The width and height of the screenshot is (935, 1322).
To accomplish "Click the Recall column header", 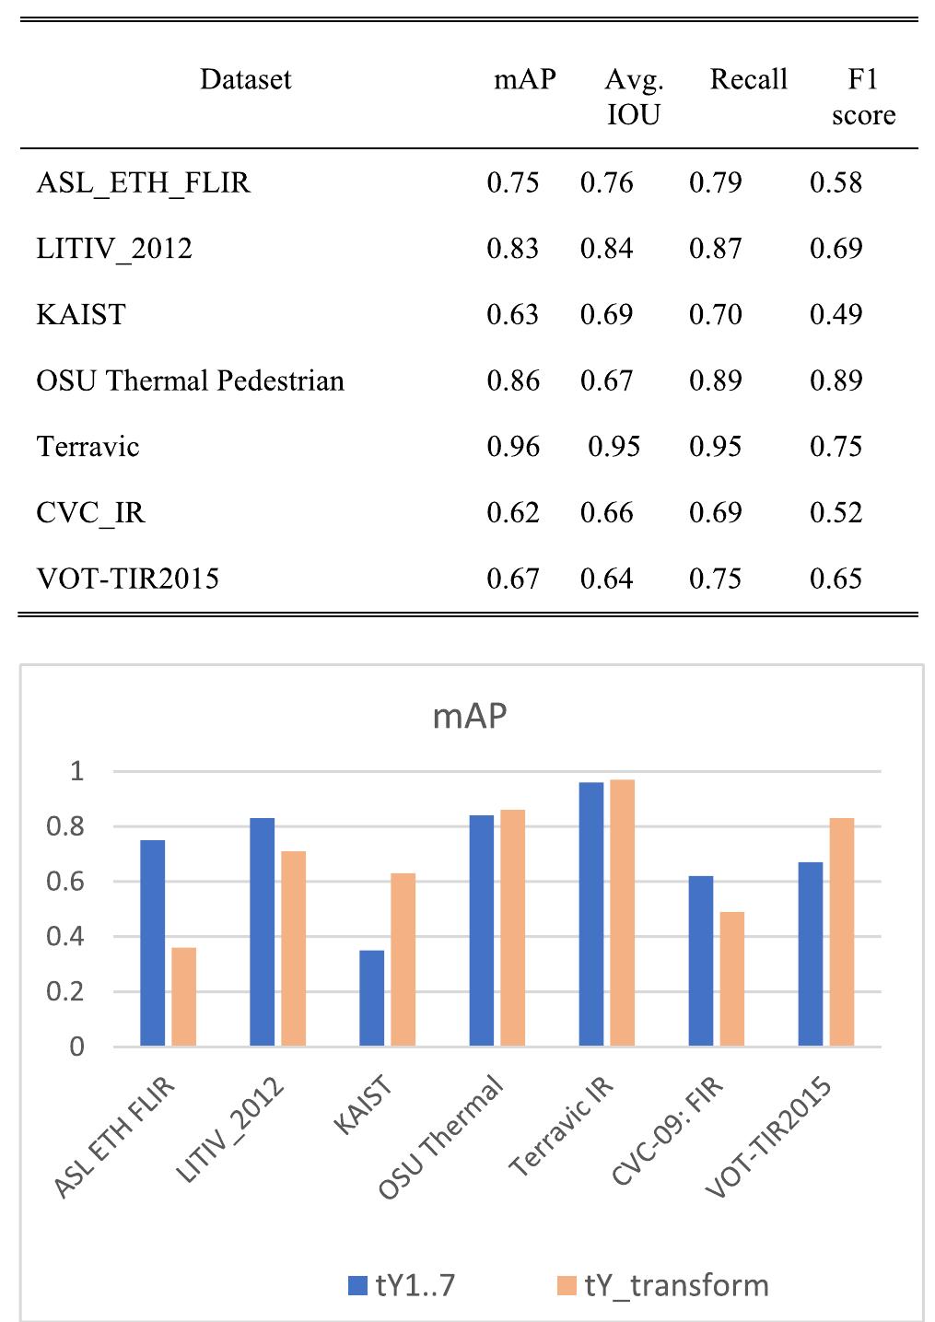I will [748, 80].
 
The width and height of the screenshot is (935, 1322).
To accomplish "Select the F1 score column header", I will [863, 97].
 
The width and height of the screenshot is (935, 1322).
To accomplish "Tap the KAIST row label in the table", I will [81, 315].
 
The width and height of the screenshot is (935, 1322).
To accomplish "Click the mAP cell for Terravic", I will [513, 447].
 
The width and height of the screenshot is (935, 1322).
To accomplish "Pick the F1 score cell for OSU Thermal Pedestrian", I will [836, 380].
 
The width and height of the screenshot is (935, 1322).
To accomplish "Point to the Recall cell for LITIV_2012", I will [715, 249].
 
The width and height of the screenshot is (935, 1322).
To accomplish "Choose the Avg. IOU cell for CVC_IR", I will [606, 513].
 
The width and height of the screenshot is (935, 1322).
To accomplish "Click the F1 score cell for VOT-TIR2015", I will [836, 579].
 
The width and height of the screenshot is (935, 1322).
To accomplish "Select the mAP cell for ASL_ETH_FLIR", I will [513, 182].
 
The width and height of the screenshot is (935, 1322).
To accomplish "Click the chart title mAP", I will [470, 716].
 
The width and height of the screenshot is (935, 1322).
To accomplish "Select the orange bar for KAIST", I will [403, 959].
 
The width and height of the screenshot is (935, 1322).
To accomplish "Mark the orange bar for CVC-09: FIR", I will [731, 978].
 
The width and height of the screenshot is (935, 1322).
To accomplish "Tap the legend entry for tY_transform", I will [663, 1285].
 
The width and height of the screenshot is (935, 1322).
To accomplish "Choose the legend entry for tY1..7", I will [402, 1285].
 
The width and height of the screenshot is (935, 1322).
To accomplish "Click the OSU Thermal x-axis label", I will [442, 1138].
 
